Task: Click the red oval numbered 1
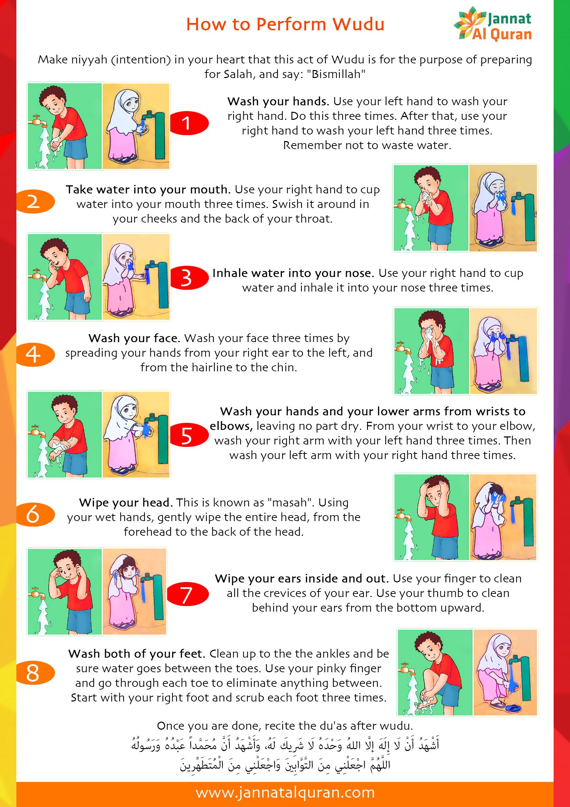[x=189, y=123]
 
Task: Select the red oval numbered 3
[x=189, y=278]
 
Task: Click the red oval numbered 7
[x=187, y=594]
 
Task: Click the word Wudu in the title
[x=358, y=24]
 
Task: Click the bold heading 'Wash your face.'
[x=135, y=338]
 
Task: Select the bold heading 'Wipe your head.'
[x=126, y=503]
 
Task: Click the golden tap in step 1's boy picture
[x=36, y=120]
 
